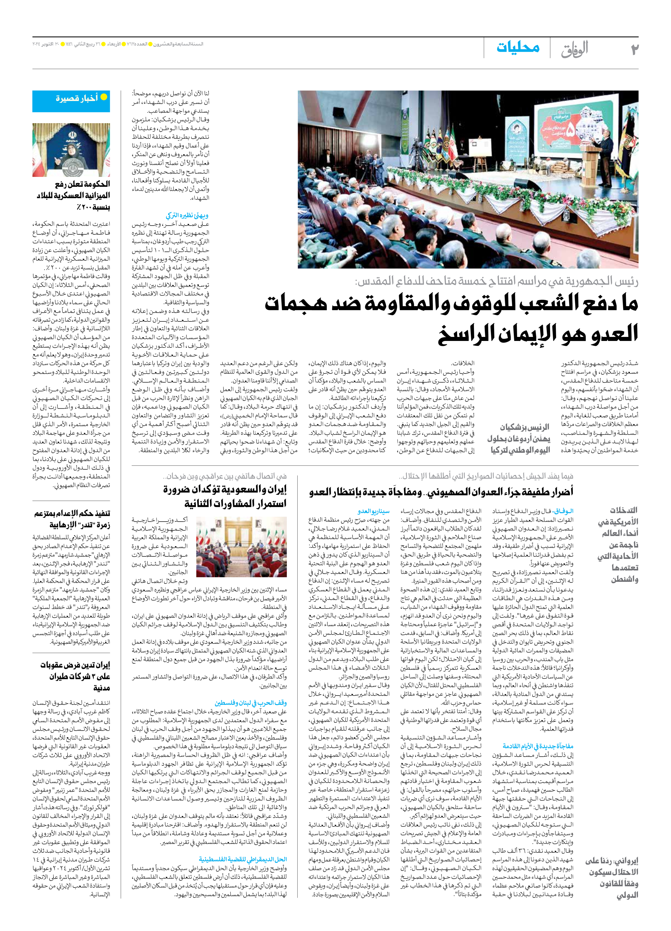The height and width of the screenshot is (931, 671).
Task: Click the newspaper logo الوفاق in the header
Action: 575,49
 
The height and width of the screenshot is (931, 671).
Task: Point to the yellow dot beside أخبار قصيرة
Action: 104,97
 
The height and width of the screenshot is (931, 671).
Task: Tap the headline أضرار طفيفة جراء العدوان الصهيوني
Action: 441,491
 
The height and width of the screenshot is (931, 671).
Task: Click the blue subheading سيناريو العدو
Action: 373,511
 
